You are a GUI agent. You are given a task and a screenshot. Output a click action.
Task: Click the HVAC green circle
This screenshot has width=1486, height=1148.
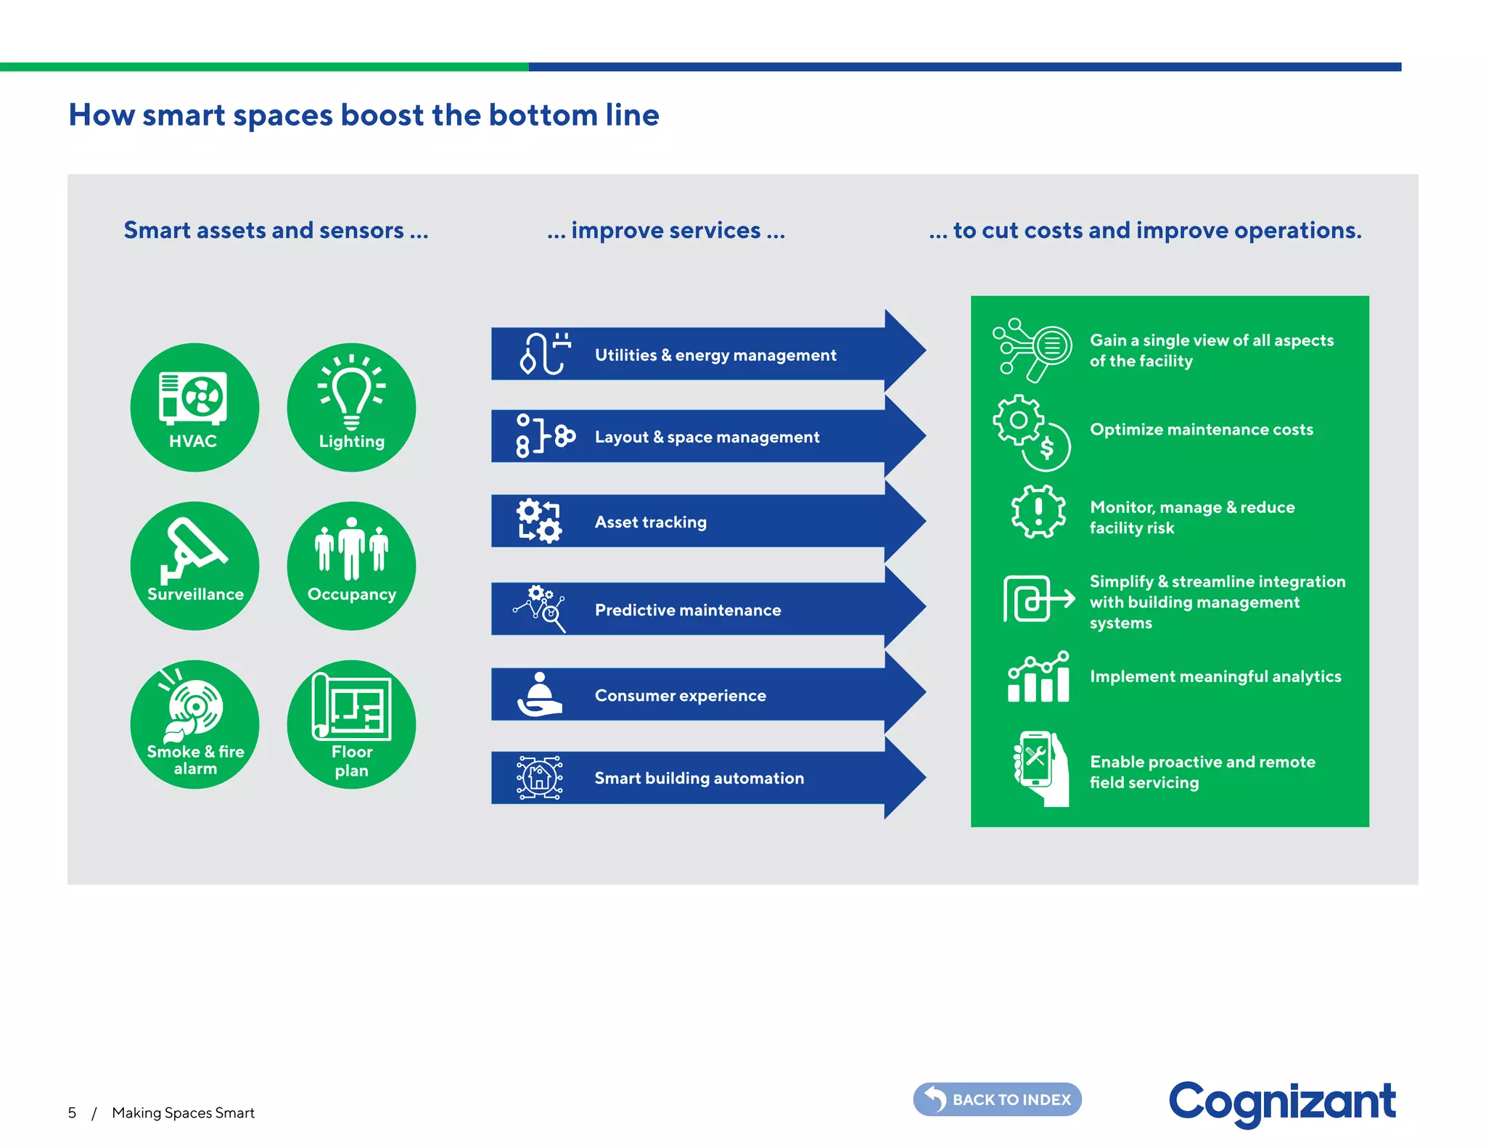pyautogui.click(x=194, y=407)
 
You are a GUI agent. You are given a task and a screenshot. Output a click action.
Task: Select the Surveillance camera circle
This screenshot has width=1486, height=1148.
pyautogui.click(x=194, y=565)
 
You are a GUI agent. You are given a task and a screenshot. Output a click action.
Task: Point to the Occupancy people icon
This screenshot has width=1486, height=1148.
pyautogui.click(x=352, y=548)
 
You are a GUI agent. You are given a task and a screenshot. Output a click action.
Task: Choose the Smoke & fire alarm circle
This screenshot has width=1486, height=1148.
pyautogui.click(x=194, y=723)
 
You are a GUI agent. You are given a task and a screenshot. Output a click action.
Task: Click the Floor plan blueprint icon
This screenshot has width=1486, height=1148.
pyautogui.click(x=352, y=706)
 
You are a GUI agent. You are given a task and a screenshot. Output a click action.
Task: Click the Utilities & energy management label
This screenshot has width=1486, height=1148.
pyautogui.click(x=715, y=355)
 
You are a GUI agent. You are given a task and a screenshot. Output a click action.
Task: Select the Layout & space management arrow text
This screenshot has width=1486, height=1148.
pyautogui.click(x=707, y=437)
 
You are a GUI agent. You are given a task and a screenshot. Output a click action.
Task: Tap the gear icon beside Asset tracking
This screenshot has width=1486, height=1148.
pyautogui.click(x=539, y=521)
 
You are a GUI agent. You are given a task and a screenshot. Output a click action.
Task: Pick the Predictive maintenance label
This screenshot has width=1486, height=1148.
pyautogui.click(x=687, y=610)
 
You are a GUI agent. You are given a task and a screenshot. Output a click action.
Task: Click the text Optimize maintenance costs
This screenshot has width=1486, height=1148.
pyautogui.click(x=1201, y=430)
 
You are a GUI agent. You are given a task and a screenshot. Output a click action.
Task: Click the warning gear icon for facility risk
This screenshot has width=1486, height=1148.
pyautogui.click(x=1038, y=512)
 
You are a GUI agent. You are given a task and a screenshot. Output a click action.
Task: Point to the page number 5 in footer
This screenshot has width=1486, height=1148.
pyautogui.click(x=72, y=1113)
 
